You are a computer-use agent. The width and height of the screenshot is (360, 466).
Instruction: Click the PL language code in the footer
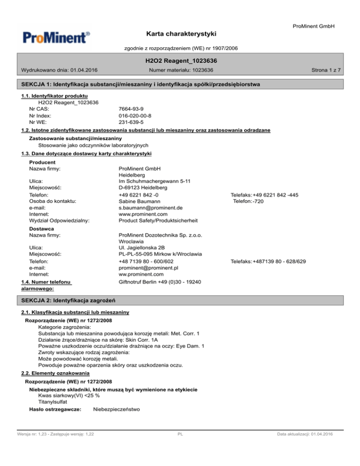click(x=180, y=435)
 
